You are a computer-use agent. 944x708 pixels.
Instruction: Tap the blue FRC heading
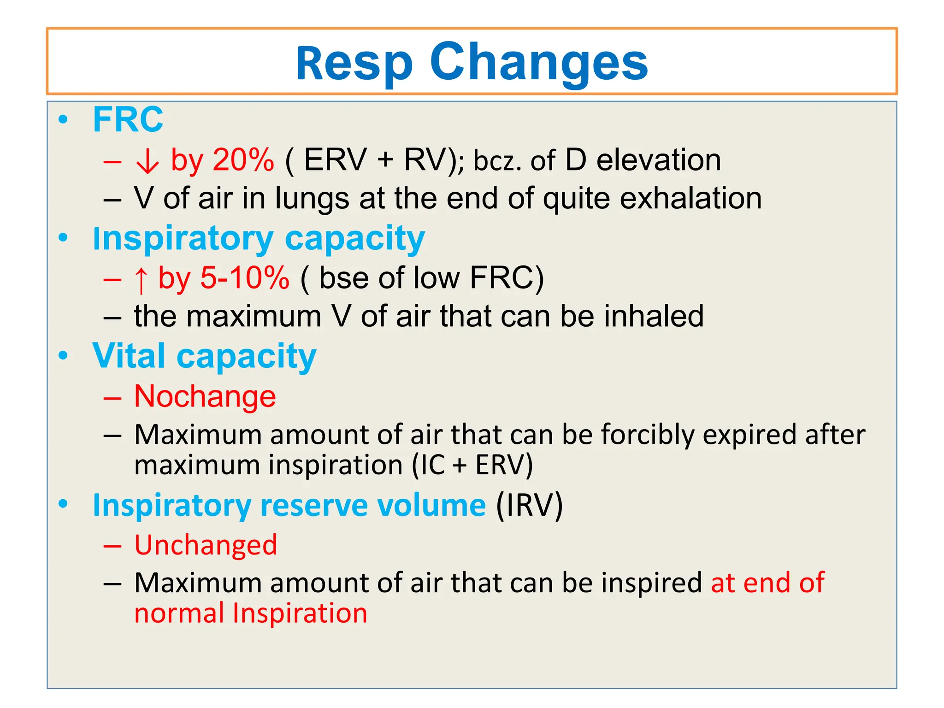click(128, 120)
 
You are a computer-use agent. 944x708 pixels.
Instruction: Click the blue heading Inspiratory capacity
click(259, 239)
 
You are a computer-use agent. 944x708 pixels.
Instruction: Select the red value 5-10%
click(245, 278)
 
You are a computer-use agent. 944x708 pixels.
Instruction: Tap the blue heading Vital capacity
click(204, 357)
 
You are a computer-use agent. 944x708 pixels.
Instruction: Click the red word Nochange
click(205, 397)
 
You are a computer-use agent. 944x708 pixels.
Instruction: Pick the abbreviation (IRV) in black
click(529, 506)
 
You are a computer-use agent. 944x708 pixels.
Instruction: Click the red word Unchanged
click(206, 545)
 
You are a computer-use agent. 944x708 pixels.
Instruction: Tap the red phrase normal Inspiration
click(251, 614)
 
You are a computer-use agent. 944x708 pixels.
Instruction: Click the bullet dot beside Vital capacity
click(63, 356)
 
